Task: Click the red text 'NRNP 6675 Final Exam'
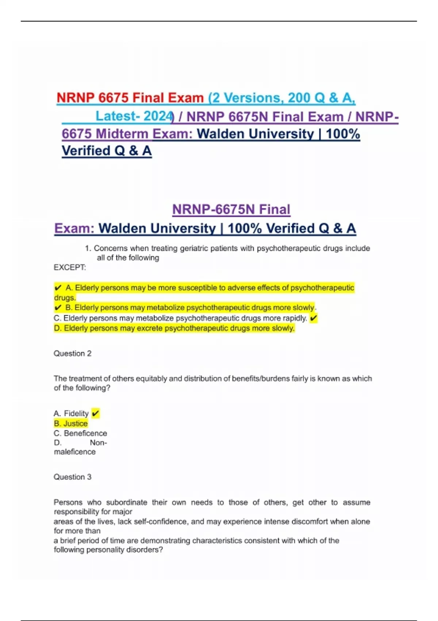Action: click(130, 98)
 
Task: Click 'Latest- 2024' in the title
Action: click(134, 116)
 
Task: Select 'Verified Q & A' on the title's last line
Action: click(107, 151)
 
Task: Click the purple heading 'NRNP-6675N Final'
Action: click(231, 209)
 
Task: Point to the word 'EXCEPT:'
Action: click(70, 267)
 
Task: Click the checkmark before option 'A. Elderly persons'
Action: click(58, 288)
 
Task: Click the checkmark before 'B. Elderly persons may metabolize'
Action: click(58, 308)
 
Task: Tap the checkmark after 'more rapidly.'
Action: click(313, 318)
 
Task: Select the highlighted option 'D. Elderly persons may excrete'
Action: click(174, 328)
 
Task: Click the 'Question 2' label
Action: click(72, 353)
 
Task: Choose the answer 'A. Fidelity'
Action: click(71, 413)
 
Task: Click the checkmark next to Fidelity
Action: click(95, 413)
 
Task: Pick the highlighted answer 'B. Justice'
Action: click(71, 423)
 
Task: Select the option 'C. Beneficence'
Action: click(80, 433)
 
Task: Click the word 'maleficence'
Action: click(75, 452)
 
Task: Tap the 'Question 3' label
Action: click(72, 477)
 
